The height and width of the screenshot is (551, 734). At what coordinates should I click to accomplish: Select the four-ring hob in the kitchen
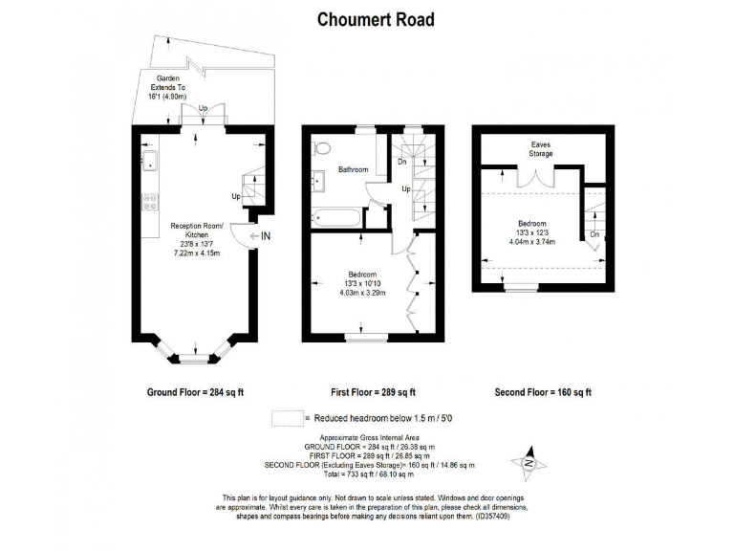coord(149,202)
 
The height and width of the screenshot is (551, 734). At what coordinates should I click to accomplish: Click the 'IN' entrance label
coord(265,235)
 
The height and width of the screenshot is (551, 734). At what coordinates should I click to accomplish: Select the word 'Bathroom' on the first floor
coord(354,170)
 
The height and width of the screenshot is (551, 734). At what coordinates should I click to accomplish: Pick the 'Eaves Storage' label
coord(541,149)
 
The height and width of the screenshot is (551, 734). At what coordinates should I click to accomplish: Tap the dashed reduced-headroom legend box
coord(285,419)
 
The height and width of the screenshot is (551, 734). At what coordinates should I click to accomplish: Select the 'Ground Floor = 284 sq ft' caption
coord(195,392)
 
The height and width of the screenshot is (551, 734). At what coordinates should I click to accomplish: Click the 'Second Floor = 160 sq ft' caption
coord(543,392)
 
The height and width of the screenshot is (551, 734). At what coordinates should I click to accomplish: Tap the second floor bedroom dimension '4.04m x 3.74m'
coord(532,241)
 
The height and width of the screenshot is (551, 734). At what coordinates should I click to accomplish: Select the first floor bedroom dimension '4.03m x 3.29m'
coord(361,293)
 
